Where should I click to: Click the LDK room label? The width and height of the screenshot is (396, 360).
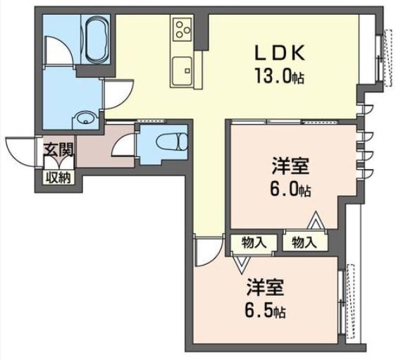coord(280,53)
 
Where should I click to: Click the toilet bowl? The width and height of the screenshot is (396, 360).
coord(172,141)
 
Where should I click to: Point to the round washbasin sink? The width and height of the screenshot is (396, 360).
coord(85,118)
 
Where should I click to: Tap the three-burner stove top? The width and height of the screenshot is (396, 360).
coord(182,30)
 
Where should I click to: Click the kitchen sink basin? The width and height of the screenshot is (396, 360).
coord(182,71)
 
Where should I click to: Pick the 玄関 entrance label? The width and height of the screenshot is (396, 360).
coord(58,150)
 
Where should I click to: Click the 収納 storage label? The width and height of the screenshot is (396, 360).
coord(60,178)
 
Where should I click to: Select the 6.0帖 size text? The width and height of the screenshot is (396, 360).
coord(291,190)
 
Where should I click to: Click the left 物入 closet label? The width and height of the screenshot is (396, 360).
coord(254,243)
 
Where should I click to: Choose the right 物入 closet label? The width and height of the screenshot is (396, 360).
coord(304,243)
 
